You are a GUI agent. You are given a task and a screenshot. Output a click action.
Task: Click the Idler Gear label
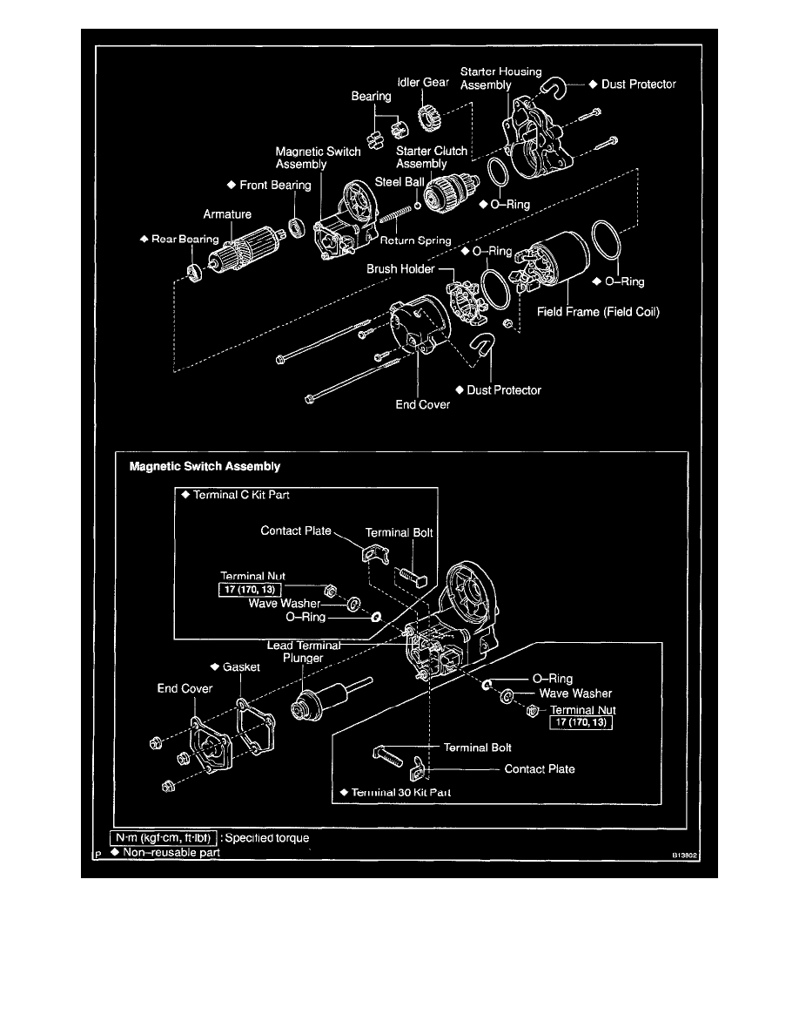pyautogui.click(x=424, y=83)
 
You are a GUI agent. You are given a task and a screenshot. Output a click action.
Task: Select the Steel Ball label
pyautogui.click(x=399, y=182)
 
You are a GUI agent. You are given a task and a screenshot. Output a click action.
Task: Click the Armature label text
pyautogui.click(x=227, y=213)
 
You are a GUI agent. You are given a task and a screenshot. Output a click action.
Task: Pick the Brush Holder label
pyautogui.click(x=400, y=269)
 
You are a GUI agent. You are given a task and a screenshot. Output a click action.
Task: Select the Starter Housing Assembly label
pyautogui.click(x=500, y=78)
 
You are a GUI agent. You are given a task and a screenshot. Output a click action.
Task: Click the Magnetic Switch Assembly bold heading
pyautogui.click(x=205, y=466)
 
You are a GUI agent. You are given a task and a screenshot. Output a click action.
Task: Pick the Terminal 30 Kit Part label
pyautogui.click(x=394, y=793)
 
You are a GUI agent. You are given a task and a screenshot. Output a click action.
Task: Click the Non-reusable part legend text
pyautogui.click(x=171, y=853)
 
